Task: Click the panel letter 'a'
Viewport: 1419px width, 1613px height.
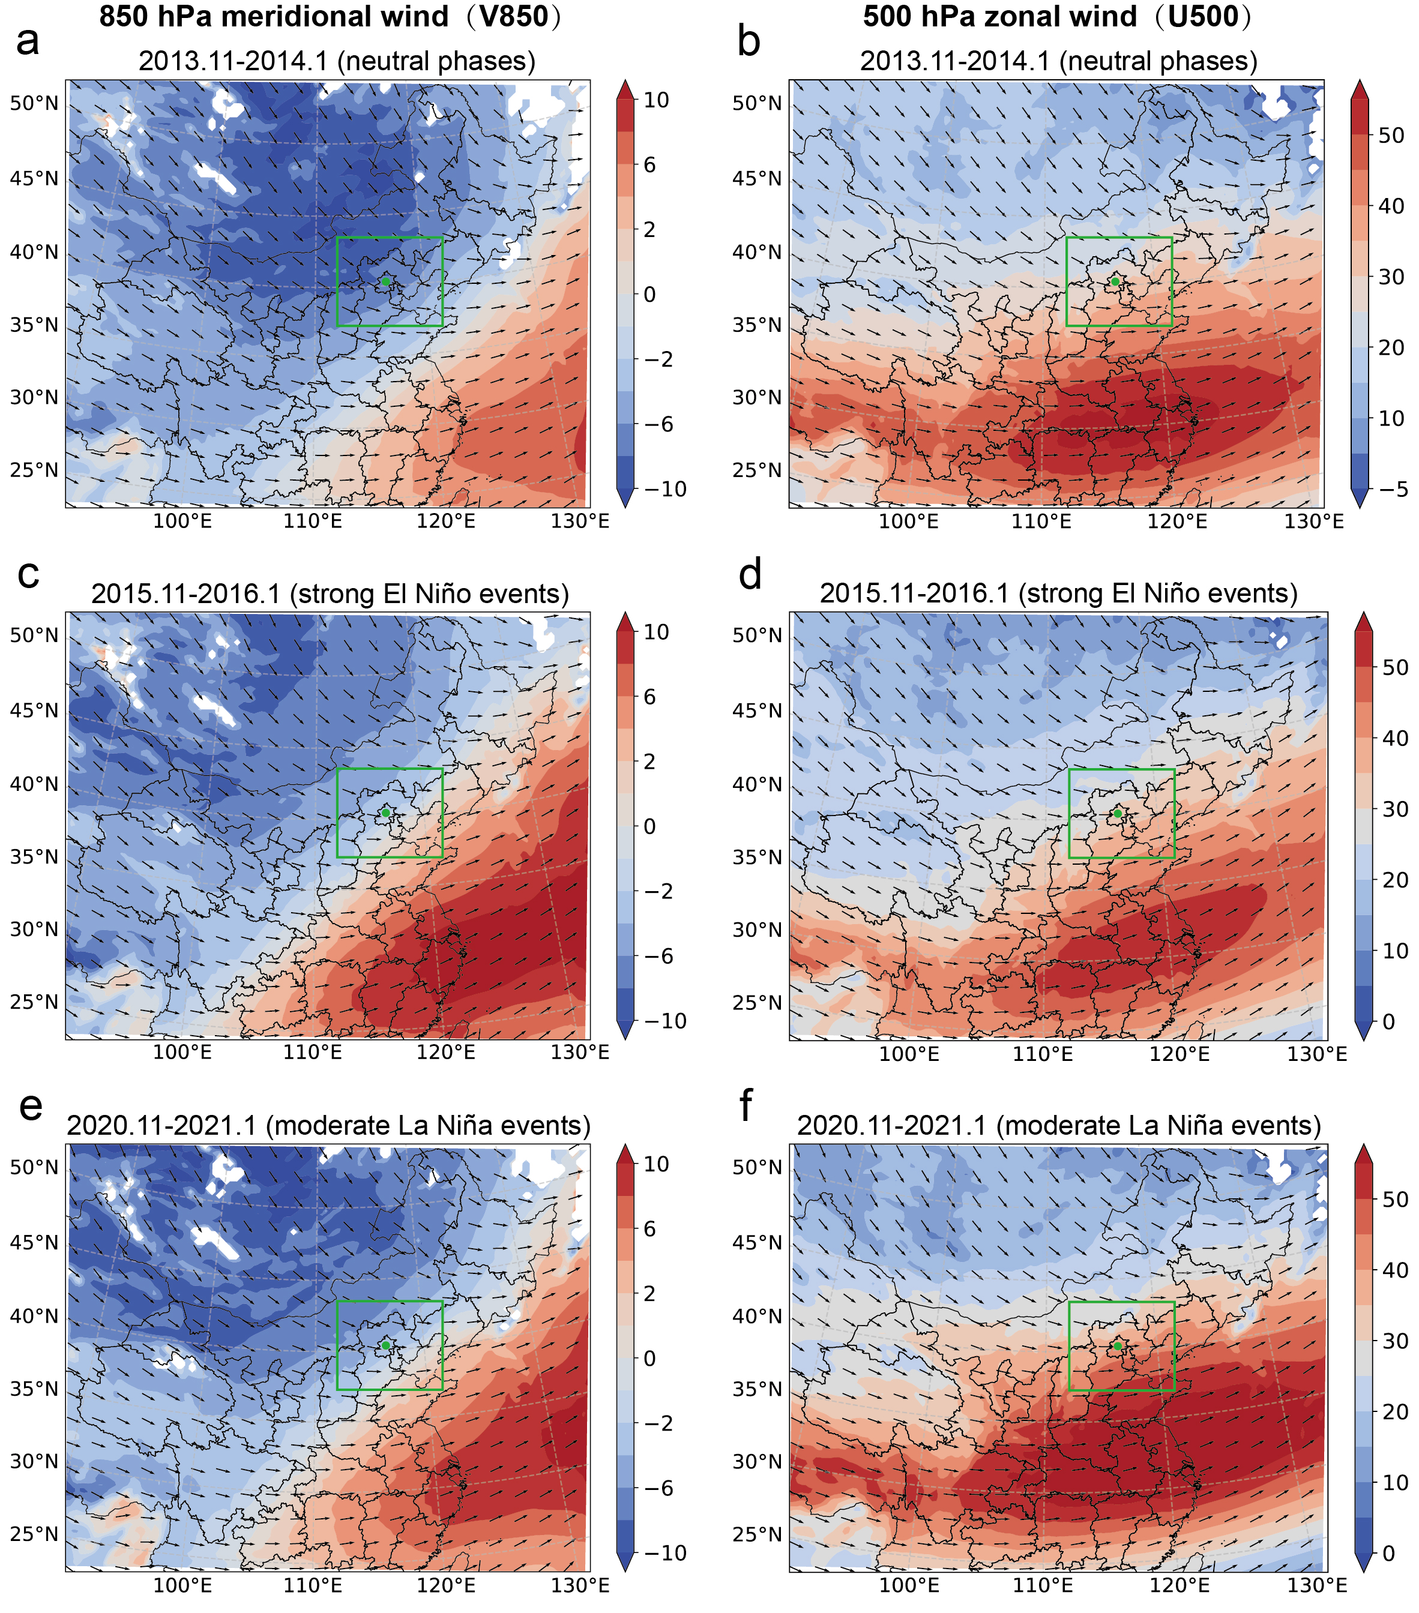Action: tap(27, 41)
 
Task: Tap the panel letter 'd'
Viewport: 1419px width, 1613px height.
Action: tap(749, 574)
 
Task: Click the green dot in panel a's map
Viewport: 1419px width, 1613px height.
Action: tap(385, 281)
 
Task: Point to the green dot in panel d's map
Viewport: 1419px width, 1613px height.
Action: tap(1118, 813)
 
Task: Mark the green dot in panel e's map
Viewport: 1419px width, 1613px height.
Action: tap(385, 1345)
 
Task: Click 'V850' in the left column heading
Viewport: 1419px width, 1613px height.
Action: tap(514, 17)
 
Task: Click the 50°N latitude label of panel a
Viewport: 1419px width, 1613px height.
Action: tap(34, 103)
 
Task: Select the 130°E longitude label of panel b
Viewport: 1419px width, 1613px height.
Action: tap(1313, 521)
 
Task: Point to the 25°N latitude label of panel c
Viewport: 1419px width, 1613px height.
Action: tap(34, 1002)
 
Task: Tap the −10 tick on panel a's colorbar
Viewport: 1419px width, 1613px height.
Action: tap(665, 489)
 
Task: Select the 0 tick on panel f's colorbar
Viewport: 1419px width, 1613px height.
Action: tap(1389, 1553)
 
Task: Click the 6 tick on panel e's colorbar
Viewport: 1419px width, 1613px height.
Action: tap(649, 1229)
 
